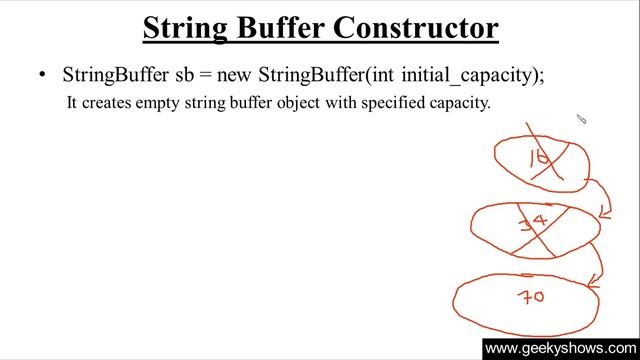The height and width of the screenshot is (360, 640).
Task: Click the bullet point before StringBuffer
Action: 42,75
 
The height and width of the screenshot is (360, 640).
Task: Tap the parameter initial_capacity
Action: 470,75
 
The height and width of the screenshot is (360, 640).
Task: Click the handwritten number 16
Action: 541,156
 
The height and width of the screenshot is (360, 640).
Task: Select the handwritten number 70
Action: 530,296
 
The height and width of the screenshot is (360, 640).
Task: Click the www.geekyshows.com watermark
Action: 559,349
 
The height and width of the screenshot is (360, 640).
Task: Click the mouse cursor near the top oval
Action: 581,120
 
